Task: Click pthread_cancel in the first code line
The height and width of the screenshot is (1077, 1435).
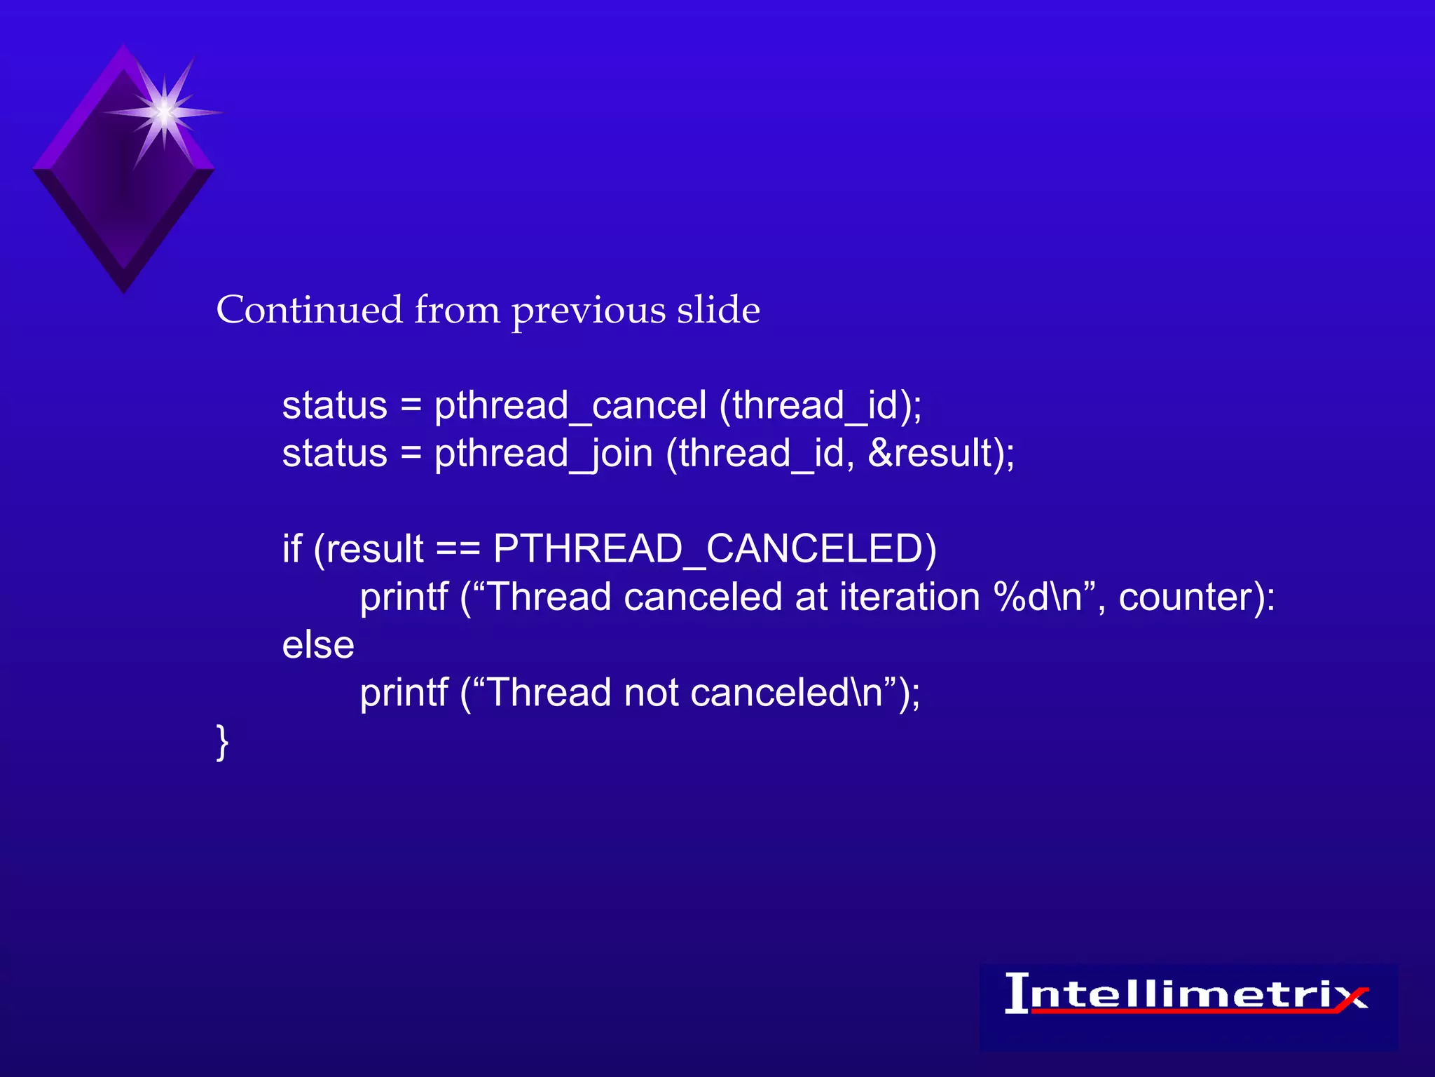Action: coord(570,406)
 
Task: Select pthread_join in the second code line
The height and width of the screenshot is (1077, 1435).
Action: coord(543,454)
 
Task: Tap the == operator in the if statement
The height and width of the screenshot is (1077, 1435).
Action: coord(458,550)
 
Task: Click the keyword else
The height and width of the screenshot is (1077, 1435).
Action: coord(317,645)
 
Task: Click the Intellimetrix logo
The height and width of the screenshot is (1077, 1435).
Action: coord(1187,996)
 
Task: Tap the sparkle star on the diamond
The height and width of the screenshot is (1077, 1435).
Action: coord(163,112)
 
